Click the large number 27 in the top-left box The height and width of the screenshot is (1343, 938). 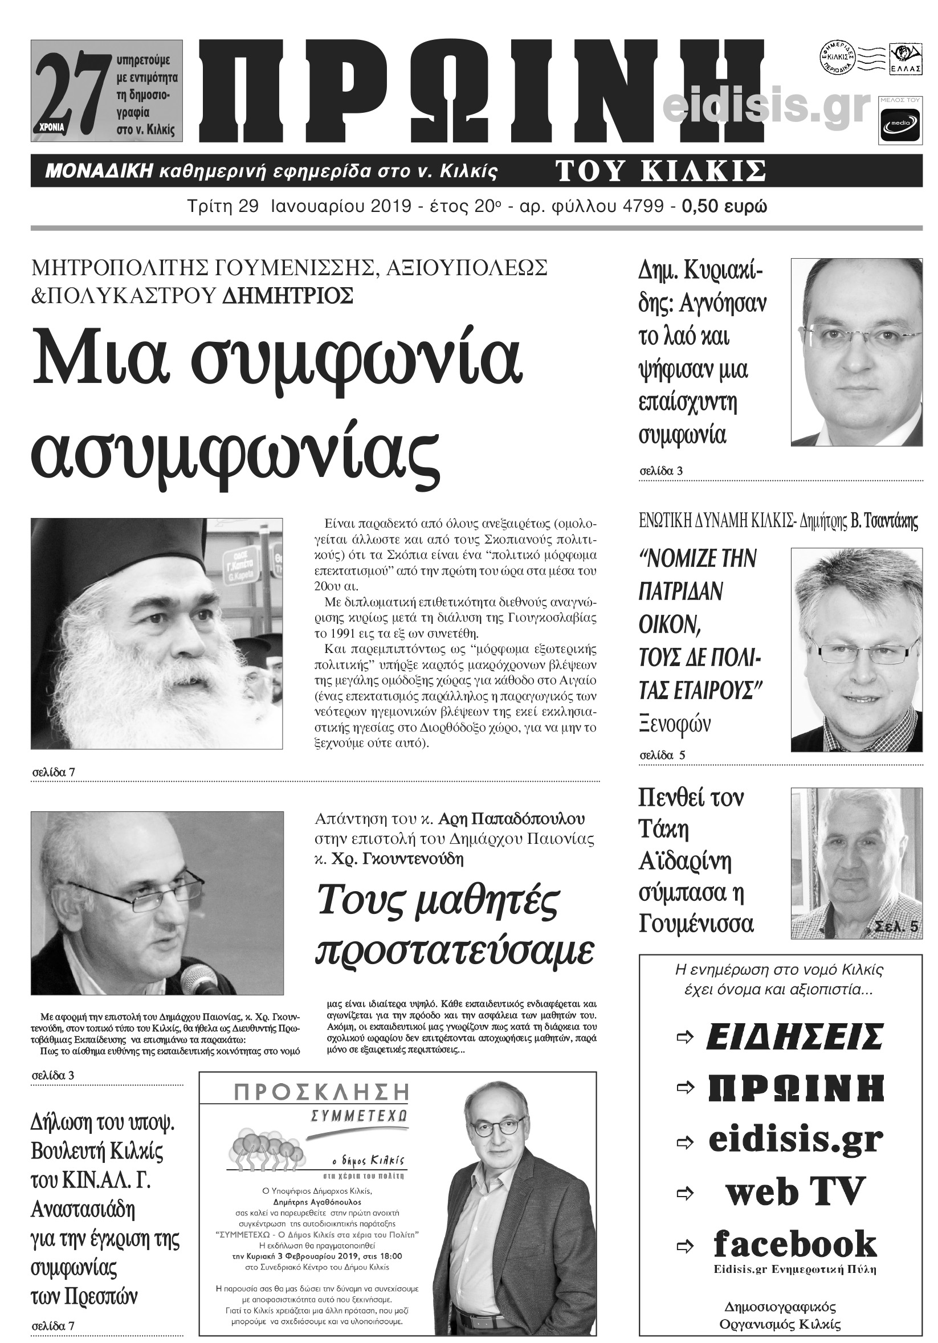click(x=70, y=91)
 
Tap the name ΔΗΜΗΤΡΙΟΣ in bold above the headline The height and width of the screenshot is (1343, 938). click(x=288, y=295)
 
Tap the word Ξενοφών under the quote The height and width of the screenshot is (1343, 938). click(x=675, y=725)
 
